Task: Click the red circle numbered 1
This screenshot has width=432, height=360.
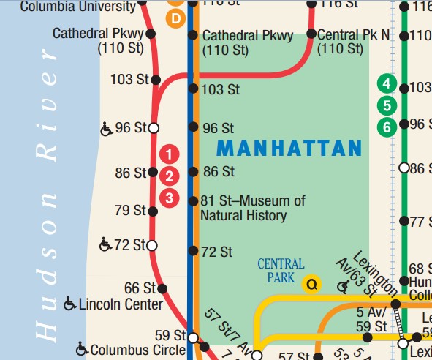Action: click(169, 154)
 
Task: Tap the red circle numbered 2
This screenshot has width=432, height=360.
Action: click(169, 176)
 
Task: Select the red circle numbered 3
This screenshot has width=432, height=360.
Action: click(169, 197)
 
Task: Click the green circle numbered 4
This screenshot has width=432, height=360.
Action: click(387, 83)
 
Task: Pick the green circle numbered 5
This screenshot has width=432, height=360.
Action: click(387, 105)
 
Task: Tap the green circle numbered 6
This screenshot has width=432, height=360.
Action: click(387, 127)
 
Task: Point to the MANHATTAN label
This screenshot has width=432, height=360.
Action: click(289, 149)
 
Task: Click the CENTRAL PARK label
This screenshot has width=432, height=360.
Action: click(281, 271)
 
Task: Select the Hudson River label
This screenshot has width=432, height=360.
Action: click(48, 198)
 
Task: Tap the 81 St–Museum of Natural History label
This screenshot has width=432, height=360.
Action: click(253, 209)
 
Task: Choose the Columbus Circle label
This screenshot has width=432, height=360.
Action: click(137, 350)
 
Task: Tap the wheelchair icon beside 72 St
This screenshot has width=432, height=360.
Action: click(105, 244)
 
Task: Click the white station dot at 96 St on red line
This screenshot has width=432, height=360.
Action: click(153, 128)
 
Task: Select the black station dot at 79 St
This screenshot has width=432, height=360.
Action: click(153, 211)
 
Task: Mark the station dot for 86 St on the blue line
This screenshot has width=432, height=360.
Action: click(193, 172)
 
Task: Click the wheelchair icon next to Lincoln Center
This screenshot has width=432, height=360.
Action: click(70, 303)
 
